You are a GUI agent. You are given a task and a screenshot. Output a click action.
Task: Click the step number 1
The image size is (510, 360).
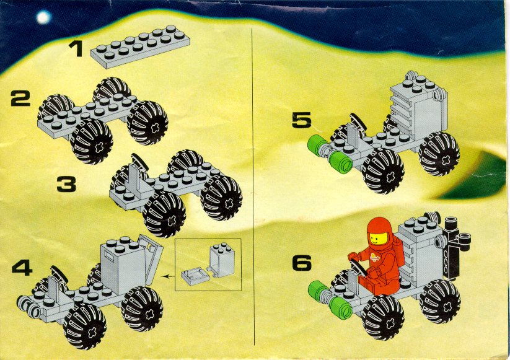point(77,50)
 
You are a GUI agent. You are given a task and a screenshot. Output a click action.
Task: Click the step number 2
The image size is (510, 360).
point(20,99)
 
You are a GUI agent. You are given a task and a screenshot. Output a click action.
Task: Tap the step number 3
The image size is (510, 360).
point(66,184)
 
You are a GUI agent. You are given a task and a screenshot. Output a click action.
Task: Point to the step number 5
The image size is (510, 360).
point(302,120)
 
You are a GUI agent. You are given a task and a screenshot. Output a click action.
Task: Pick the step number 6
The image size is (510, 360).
point(302,263)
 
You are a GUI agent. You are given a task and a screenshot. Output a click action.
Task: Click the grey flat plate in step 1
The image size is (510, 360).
point(140,46)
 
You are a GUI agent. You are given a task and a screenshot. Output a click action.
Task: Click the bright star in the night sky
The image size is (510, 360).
point(43,17)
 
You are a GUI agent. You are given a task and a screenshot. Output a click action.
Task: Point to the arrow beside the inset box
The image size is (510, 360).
point(168,276)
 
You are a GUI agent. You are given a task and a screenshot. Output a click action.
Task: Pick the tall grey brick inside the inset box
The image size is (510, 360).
point(222,260)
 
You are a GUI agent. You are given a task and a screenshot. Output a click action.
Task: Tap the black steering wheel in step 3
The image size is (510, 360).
point(139,162)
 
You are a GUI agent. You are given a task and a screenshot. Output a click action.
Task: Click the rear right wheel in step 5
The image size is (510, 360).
point(439,154)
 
